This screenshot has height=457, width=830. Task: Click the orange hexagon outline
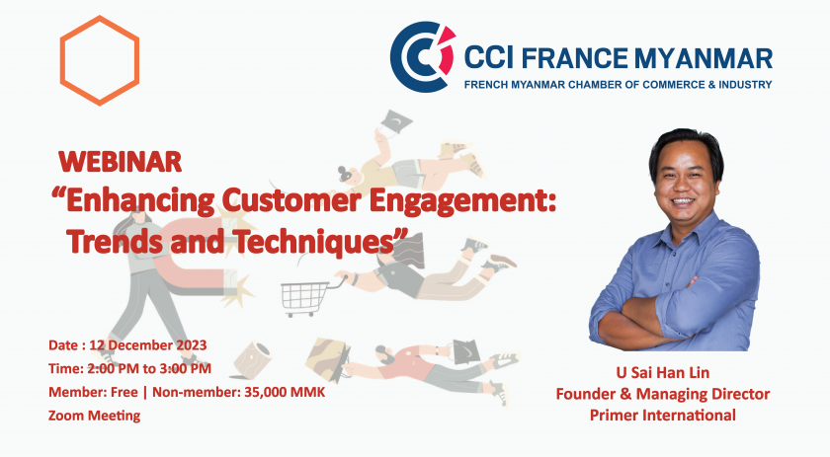click(x=61, y=61)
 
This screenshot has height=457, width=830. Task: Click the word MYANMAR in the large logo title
click(x=703, y=58)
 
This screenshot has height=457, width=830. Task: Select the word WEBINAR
click(x=121, y=162)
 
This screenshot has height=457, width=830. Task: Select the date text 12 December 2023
click(x=147, y=344)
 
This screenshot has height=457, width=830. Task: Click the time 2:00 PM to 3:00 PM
click(x=149, y=368)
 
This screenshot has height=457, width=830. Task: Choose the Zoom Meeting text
click(x=94, y=416)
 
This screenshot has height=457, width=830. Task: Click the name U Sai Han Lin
click(x=662, y=373)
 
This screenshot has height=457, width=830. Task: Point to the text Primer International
click(x=663, y=416)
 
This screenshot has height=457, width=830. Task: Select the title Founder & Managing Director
click(x=663, y=394)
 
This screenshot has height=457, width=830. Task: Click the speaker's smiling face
click(x=685, y=178)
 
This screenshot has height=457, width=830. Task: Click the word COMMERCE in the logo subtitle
click(x=674, y=85)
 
